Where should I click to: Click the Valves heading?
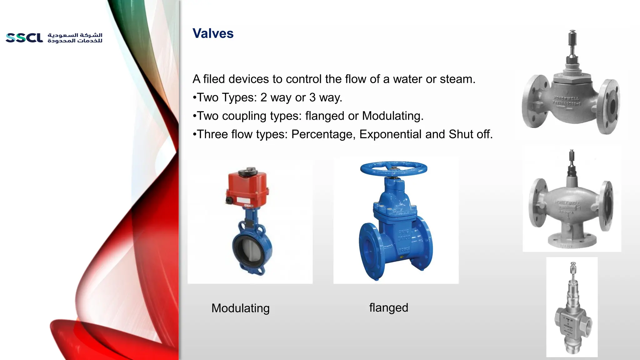click(213, 33)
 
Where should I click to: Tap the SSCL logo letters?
click(24, 38)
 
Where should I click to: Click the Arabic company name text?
click(75, 38)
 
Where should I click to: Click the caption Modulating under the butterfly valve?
click(240, 308)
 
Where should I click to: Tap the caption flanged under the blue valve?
click(388, 307)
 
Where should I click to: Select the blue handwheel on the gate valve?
click(393, 169)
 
